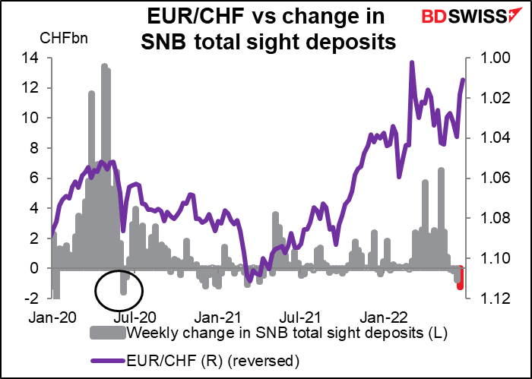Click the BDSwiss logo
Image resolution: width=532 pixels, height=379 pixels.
point(467,15)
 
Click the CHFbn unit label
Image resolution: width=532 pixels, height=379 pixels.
point(64,38)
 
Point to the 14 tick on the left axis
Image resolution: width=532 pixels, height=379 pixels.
point(30,58)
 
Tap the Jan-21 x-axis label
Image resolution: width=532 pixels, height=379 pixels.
point(217,318)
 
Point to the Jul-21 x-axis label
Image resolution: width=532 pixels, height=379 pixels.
point(299,318)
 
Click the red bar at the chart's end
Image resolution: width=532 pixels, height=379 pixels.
point(461,278)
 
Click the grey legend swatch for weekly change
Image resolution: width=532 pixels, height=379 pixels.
point(108,333)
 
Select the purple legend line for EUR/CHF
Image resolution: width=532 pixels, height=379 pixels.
point(108,361)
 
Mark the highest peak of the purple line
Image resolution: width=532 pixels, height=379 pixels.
point(412,62)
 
